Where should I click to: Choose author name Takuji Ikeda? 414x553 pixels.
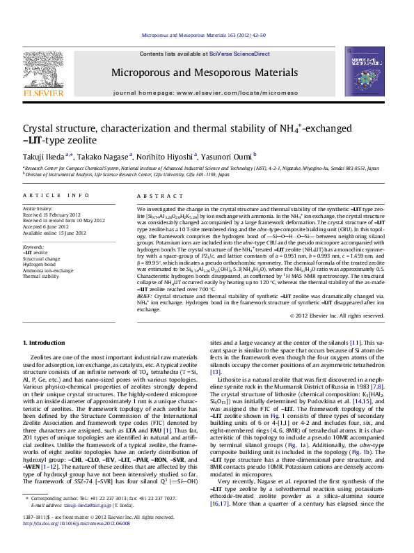(47, 155)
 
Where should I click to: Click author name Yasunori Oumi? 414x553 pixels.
(233, 155)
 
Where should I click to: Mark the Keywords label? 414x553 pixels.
(35, 247)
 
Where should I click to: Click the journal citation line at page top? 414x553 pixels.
(207, 33)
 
